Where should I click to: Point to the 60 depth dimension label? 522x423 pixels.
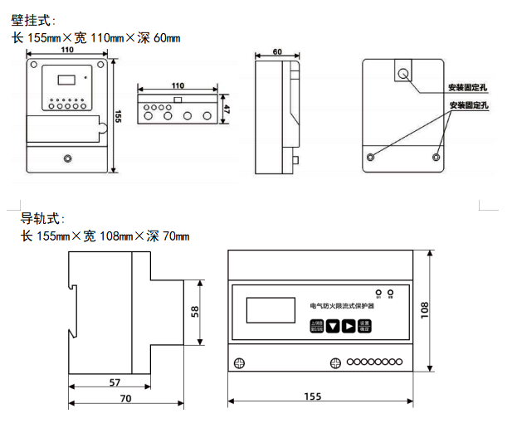(x=276, y=52)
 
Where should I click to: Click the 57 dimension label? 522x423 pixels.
(x=115, y=382)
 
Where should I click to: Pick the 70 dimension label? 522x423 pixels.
(x=125, y=399)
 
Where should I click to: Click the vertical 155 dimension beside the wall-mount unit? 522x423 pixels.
(x=118, y=117)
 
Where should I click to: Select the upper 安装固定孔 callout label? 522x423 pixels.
(x=469, y=87)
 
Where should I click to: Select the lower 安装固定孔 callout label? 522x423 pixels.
(x=470, y=105)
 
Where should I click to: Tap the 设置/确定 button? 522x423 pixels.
(x=364, y=326)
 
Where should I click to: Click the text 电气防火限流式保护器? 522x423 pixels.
(x=341, y=306)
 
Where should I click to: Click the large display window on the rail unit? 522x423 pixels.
(x=271, y=310)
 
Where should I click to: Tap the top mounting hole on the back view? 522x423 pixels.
(x=403, y=74)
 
